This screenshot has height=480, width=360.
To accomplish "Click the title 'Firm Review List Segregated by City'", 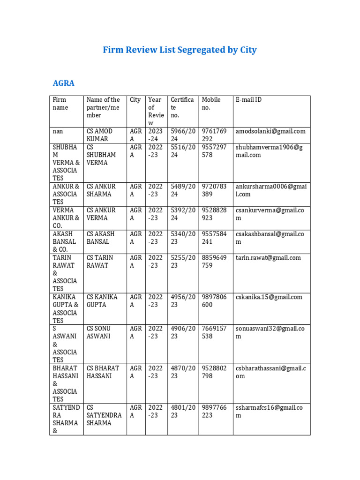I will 180,50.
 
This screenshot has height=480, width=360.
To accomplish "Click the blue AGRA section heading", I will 64,83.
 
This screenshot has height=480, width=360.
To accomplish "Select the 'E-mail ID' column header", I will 248,100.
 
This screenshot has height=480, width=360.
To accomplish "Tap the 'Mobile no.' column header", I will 211,104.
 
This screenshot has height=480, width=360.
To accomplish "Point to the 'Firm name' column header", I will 60,104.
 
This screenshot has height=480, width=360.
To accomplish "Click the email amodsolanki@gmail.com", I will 270,131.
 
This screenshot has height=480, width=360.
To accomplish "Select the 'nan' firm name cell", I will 58,131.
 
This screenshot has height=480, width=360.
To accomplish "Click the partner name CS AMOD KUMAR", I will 100,135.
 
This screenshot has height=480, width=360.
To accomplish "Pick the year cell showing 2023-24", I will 155,135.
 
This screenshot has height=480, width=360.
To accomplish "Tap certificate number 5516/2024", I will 182,151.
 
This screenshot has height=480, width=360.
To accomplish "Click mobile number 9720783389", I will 214,190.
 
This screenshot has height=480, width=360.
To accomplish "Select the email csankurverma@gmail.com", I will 270,214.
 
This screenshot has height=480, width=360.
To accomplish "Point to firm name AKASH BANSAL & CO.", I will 64,242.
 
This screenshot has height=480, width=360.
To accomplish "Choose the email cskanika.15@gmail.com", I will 269,297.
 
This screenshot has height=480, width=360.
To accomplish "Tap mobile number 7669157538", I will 214,332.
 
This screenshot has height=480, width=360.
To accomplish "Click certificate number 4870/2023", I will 182,372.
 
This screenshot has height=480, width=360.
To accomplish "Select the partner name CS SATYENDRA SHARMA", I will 104,415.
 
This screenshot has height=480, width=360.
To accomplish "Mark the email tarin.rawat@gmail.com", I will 268,258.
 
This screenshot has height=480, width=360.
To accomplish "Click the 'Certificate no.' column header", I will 182,107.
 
